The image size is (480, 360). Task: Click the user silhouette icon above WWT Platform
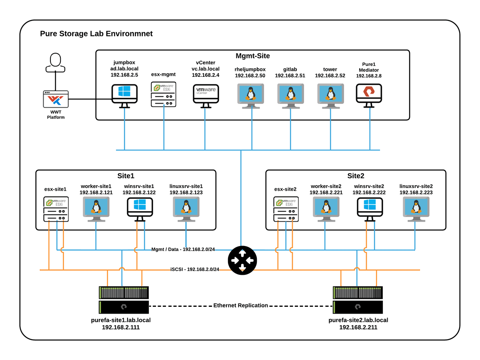tap(56, 63)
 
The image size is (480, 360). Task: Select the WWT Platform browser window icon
tap(56, 99)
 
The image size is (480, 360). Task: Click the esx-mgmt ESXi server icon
tap(164, 94)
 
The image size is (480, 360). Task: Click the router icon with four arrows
tap(241, 260)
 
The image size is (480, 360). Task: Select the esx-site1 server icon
tap(56, 209)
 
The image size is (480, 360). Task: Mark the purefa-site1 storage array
tap(124, 300)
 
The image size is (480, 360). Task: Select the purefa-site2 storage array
tap(358, 300)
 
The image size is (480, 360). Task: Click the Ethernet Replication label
tap(240, 306)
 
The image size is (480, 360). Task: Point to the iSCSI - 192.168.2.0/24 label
tap(195, 269)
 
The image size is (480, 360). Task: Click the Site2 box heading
tap(356, 176)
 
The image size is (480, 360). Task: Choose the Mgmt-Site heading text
tap(252, 56)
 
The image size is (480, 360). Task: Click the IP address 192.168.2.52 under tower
tap(330, 76)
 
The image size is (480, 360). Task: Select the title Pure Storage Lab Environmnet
tap(96, 34)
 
